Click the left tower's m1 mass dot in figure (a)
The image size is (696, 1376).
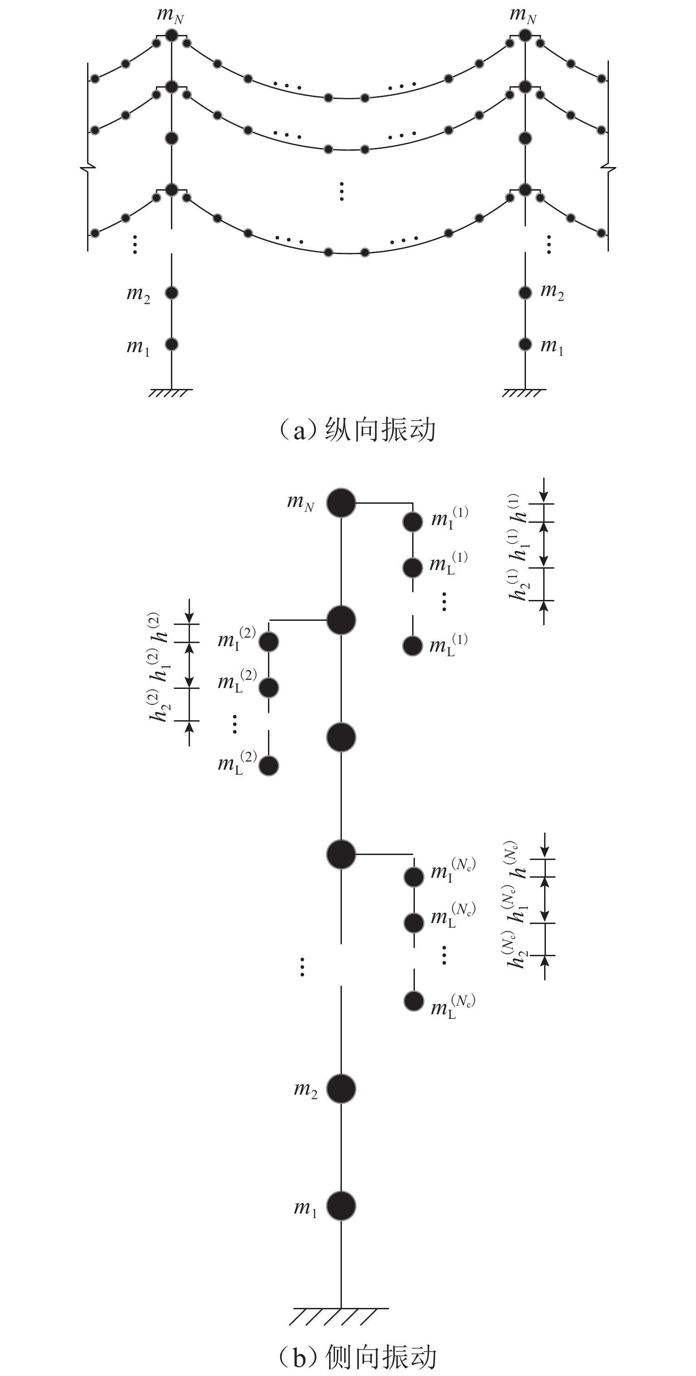[x=171, y=344]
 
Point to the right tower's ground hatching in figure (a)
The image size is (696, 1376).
[x=524, y=393]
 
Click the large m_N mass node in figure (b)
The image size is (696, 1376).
[x=341, y=503]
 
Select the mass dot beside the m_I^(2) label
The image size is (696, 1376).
[x=268, y=642]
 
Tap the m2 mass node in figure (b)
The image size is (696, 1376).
[x=341, y=1088]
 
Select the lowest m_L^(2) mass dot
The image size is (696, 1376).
[x=268, y=766]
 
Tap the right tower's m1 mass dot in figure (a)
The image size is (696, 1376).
[x=525, y=344]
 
